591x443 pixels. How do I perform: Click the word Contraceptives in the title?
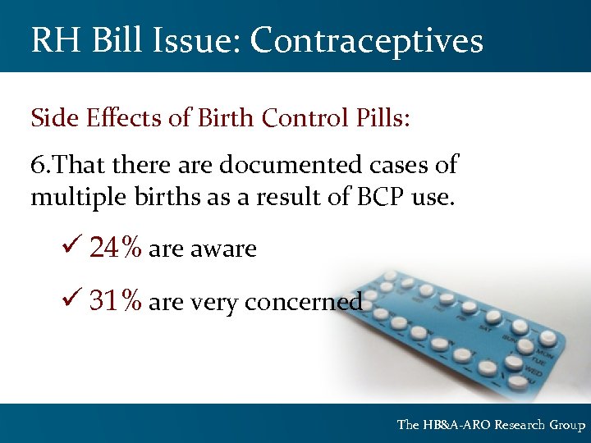(x=367, y=40)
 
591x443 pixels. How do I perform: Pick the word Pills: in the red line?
(x=378, y=118)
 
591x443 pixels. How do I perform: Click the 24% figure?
(x=116, y=248)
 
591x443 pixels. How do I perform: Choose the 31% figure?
(x=116, y=302)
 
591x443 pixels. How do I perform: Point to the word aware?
(x=223, y=249)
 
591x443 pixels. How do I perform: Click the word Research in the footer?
(x=519, y=425)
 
